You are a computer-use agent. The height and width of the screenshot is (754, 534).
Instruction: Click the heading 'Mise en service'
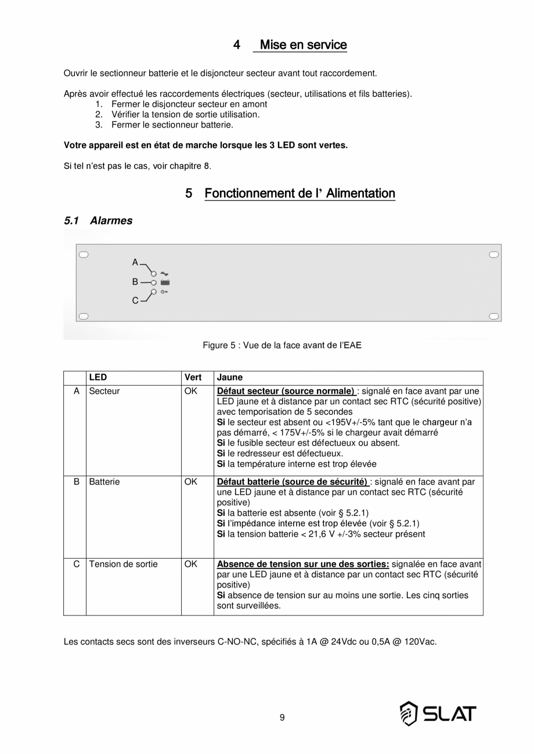(x=303, y=45)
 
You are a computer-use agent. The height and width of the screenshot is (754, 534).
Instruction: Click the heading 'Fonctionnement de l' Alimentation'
(x=300, y=193)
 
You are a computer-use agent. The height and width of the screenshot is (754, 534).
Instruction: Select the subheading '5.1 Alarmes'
(x=98, y=221)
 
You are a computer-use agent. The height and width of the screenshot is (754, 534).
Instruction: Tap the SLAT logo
(x=438, y=713)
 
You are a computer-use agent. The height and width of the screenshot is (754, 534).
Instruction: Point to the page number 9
(x=282, y=717)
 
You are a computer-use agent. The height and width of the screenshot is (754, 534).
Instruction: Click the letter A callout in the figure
(x=135, y=263)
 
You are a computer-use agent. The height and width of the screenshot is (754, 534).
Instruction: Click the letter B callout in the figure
(x=135, y=282)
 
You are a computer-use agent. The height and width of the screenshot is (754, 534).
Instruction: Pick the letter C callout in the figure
(x=135, y=300)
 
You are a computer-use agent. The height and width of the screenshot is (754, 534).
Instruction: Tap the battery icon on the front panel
(x=165, y=282)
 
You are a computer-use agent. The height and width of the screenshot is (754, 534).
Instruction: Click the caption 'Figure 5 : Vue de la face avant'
(x=282, y=346)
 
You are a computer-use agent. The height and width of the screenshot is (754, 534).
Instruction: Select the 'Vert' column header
(x=193, y=378)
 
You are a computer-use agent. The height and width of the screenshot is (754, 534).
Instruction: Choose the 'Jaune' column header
(x=230, y=378)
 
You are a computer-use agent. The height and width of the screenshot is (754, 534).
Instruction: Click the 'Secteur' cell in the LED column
(x=104, y=391)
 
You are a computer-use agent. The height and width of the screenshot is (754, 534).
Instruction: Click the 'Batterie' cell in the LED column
(x=104, y=482)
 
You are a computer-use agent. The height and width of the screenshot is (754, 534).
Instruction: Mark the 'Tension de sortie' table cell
(x=123, y=564)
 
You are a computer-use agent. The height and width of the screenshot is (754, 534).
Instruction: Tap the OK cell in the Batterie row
(x=190, y=482)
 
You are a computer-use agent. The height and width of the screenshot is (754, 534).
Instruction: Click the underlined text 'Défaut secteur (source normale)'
(x=286, y=391)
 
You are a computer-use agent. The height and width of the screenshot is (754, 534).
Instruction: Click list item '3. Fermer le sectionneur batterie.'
(x=172, y=125)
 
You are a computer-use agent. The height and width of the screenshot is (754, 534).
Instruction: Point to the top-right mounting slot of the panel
(x=493, y=254)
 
